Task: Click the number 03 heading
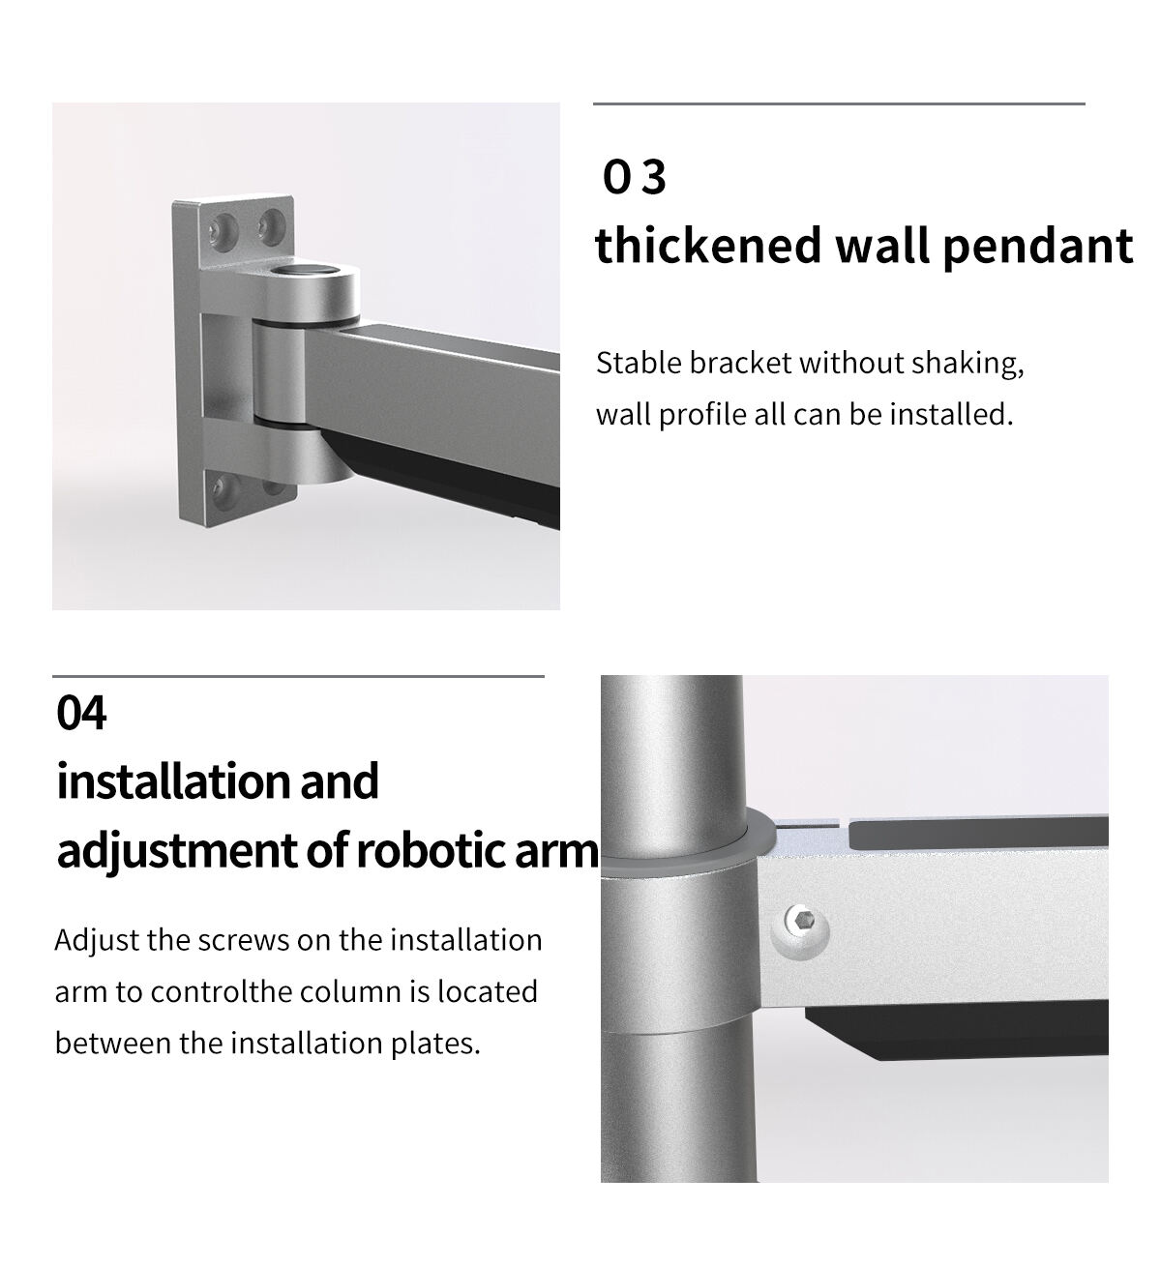[634, 177]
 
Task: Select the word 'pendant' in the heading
[1038, 248]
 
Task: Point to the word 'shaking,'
[967, 365]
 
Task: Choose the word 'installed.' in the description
[951, 415]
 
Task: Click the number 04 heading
[81, 713]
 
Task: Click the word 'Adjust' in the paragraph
[97, 941]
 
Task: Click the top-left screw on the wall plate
[223, 227]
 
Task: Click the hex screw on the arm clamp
[799, 932]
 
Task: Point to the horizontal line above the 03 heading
[839, 103]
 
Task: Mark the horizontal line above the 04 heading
[298, 677]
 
